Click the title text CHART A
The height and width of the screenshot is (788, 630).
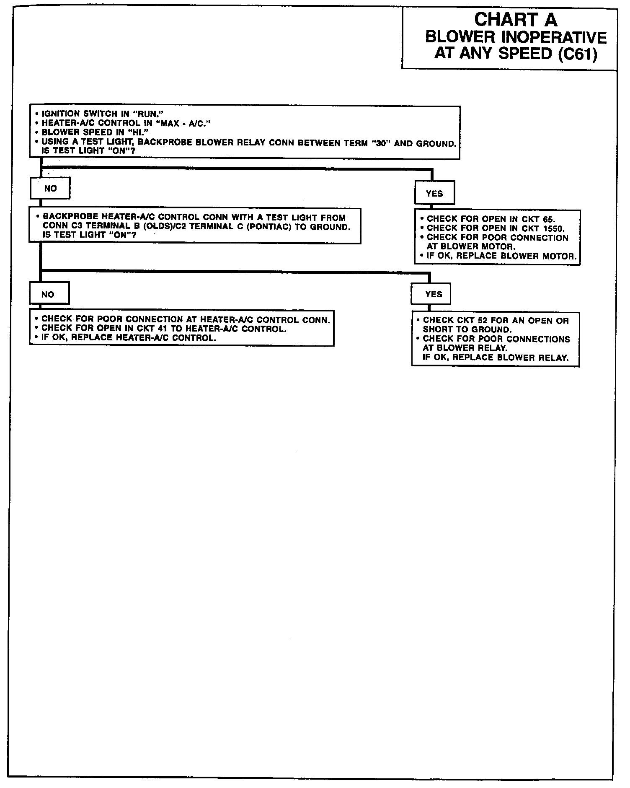click(x=516, y=20)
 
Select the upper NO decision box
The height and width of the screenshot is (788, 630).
click(x=50, y=189)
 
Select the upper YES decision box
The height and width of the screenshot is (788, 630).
click(x=434, y=193)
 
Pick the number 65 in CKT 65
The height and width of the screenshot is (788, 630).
click(x=549, y=219)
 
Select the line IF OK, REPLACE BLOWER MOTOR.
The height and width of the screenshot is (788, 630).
click(x=501, y=256)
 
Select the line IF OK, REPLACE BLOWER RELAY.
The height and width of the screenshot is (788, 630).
click(x=496, y=358)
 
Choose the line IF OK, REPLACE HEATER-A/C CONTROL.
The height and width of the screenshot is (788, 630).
click(x=128, y=338)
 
